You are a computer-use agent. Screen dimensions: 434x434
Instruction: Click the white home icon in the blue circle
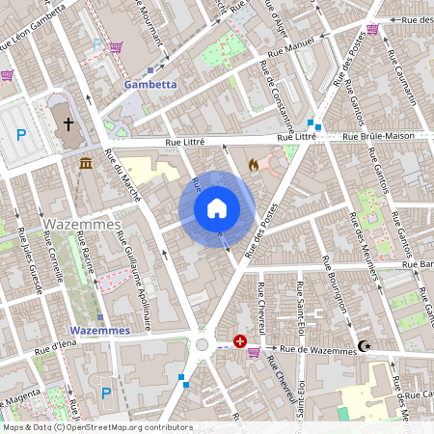click(217, 208)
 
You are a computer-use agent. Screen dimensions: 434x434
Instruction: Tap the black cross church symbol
click(68, 124)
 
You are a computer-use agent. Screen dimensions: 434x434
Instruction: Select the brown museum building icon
click(87, 163)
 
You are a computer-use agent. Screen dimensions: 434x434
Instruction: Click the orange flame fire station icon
click(254, 166)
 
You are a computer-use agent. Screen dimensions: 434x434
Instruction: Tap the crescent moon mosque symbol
click(364, 346)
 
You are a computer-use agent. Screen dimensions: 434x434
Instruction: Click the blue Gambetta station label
click(149, 85)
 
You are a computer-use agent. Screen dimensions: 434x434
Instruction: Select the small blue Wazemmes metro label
click(100, 330)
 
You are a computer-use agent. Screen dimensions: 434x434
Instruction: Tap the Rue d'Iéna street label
click(55, 346)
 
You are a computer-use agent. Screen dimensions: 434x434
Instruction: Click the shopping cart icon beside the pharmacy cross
click(254, 351)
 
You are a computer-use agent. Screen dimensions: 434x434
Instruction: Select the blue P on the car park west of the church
click(20, 135)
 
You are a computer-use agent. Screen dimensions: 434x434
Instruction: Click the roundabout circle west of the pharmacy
click(203, 344)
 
